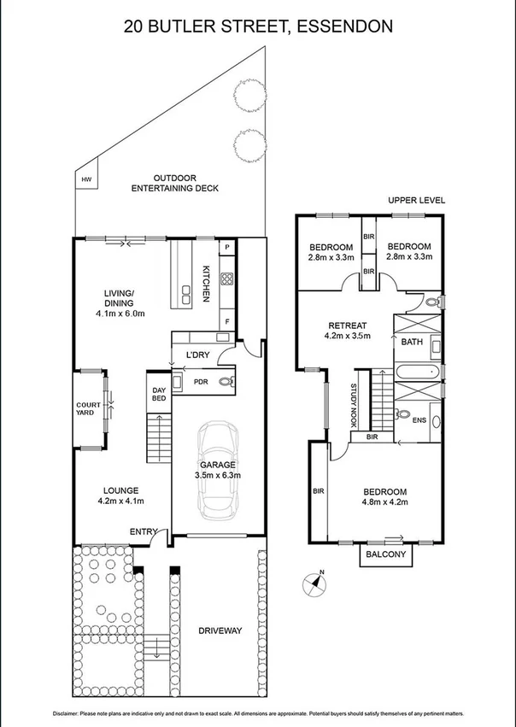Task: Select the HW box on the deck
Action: pos(86,180)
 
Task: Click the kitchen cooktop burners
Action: pos(227,278)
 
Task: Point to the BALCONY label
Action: pos(386,554)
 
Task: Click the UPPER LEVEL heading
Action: pos(416,200)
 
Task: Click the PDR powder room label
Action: pos(201,382)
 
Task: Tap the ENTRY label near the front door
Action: pos(142,531)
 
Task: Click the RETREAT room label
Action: pos(348,325)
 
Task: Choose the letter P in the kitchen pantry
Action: pos(226,248)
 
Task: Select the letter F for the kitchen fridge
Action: pos(226,321)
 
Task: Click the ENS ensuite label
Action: pos(418,420)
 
